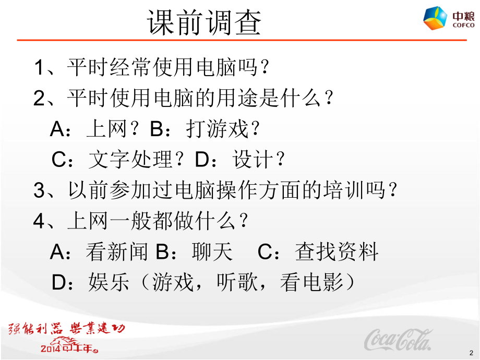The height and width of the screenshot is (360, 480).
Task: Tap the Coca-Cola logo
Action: (x=398, y=340)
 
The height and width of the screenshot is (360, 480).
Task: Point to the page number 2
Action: (x=472, y=353)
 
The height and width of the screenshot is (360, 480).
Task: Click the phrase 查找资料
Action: (x=337, y=253)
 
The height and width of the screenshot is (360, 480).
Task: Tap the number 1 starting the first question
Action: (x=40, y=68)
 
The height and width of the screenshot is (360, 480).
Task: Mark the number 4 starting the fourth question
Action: (x=40, y=222)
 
